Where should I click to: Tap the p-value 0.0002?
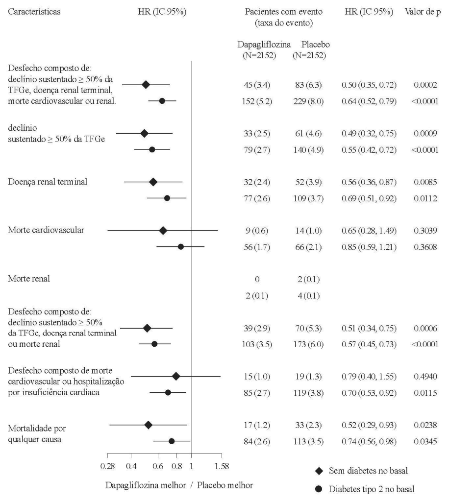(425, 85)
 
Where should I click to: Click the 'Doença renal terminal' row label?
(48, 182)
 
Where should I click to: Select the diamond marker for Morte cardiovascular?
(163, 230)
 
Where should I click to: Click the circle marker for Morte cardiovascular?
(180, 246)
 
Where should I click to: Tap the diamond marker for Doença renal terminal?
(153, 182)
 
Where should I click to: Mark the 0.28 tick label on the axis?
(107, 465)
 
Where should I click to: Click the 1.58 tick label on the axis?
(222, 465)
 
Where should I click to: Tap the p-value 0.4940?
(425, 376)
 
